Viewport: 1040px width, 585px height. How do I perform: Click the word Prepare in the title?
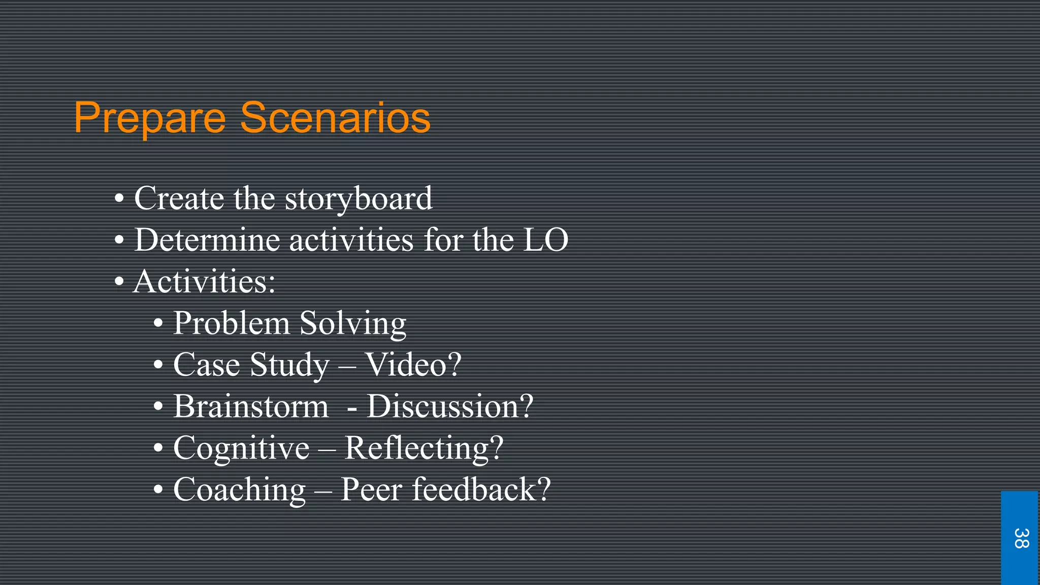[x=150, y=119]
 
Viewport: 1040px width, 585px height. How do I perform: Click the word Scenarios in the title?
[x=335, y=118]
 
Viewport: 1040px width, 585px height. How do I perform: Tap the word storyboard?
[x=359, y=199]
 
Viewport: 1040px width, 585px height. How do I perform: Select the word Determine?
[x=207, y=240]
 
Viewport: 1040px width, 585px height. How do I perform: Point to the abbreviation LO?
[x=545, y=240]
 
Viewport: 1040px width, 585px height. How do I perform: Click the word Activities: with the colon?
[x=204, y=281]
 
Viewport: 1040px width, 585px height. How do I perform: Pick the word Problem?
[x=231, y=323]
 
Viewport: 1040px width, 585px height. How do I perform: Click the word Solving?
[x=353, y=324]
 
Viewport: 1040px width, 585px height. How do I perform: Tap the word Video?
[x=413, y=365]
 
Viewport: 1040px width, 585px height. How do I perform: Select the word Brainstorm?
[x=251, y=406]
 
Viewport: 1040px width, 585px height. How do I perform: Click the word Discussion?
[x=450, y=406]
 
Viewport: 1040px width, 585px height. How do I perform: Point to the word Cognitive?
[x=241, y=448]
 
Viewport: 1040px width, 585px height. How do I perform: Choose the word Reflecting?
[x=424, y=448]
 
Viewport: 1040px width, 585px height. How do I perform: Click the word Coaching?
[x=240, y=490]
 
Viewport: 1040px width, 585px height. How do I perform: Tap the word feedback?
[x=481, y=490]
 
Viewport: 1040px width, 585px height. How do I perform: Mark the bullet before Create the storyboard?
[x=119, y=199]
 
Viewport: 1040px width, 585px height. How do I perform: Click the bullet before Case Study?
[x=158, y=365]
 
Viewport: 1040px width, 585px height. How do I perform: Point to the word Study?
[x=289, y=366]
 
